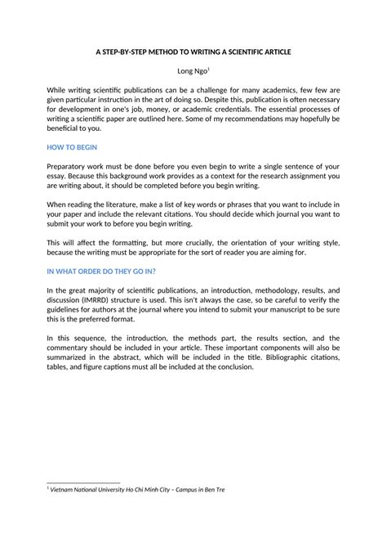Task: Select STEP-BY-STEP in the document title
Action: [x=128, y=51]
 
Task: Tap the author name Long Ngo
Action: [x=191, y=71]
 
